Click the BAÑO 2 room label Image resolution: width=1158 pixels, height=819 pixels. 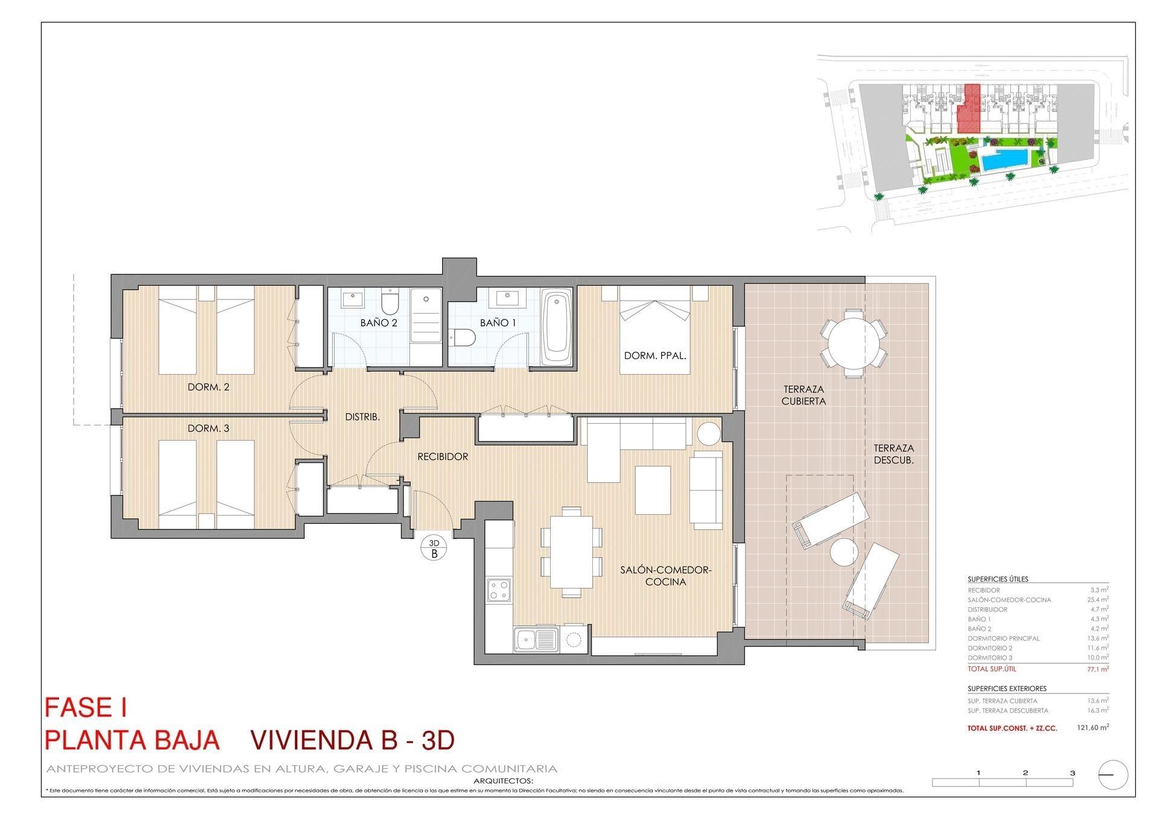tap(379, 323)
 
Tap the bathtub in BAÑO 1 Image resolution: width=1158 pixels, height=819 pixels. tap(557, 328)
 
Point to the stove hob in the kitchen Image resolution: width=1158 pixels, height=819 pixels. tap(499, 589)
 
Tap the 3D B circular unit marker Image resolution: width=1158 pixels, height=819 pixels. tap(433, 547)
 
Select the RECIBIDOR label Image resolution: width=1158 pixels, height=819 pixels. tap(443, 457)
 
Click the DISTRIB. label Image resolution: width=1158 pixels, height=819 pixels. tap(362, 417)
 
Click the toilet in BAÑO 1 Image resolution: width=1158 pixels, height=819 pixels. tap(463, 338)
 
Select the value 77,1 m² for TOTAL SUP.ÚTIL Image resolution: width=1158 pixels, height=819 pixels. tap(1097, 669)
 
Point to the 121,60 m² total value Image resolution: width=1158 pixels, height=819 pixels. tap(1092, 728)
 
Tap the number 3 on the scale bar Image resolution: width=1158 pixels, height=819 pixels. tap(1072, 773)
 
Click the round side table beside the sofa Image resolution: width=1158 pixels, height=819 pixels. tap(709, 433)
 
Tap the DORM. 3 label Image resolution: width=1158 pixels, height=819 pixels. tap(208, 429)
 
